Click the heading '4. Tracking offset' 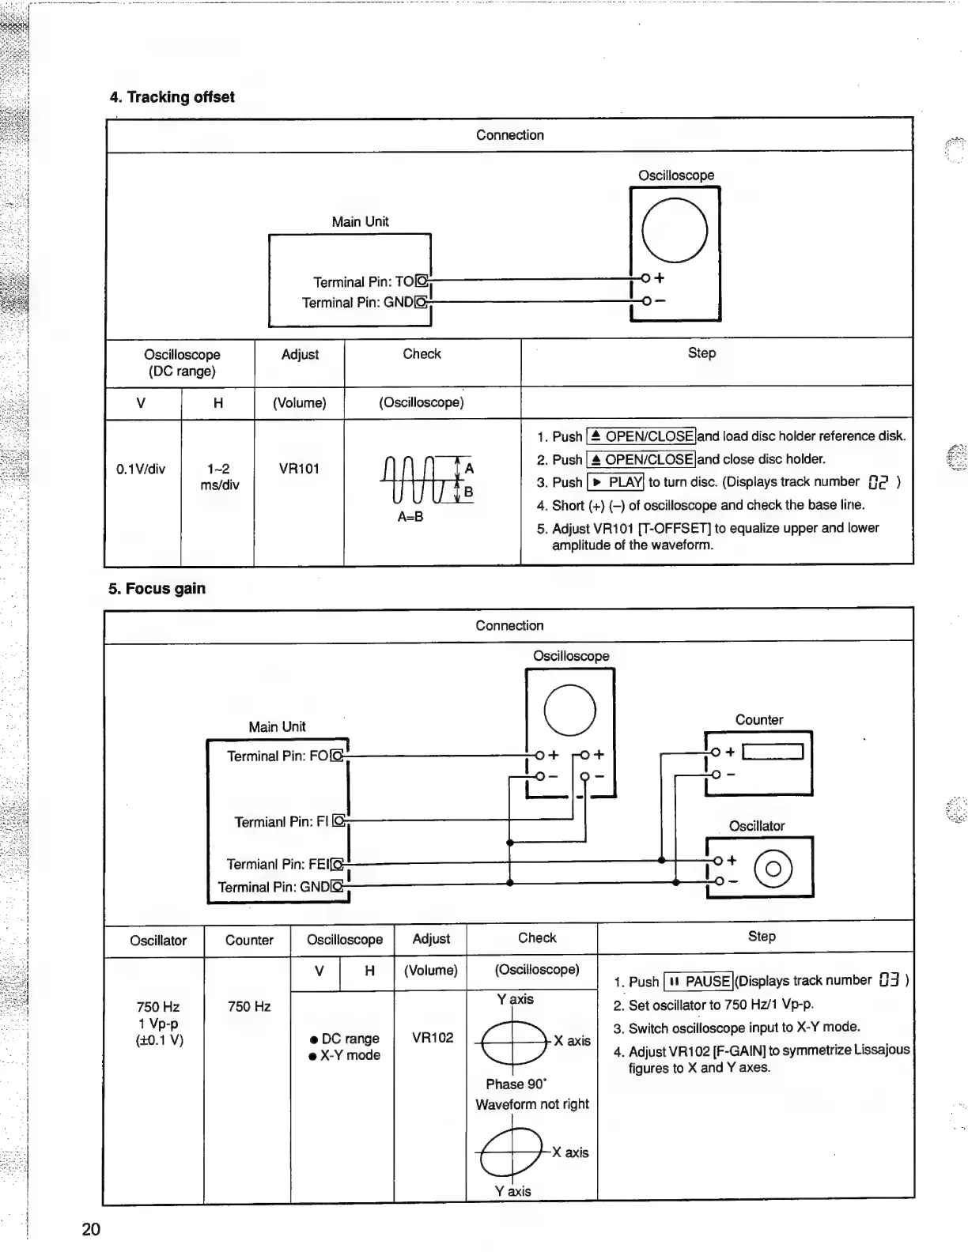172,97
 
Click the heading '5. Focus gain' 157,589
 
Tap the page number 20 91,1229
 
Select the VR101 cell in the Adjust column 299,469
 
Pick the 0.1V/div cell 141,469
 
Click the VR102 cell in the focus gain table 433,1038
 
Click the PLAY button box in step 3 616,482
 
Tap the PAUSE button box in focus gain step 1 699,982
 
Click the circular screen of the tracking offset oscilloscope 675,230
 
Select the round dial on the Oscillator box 773,869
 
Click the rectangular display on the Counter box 773,752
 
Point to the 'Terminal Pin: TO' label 364,282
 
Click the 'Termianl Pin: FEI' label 277,864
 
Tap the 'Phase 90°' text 516,1084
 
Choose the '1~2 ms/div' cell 219,477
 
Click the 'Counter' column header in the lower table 249,941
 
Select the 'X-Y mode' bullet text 350,1055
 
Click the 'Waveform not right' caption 532,1104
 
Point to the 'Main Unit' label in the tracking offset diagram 360,222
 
